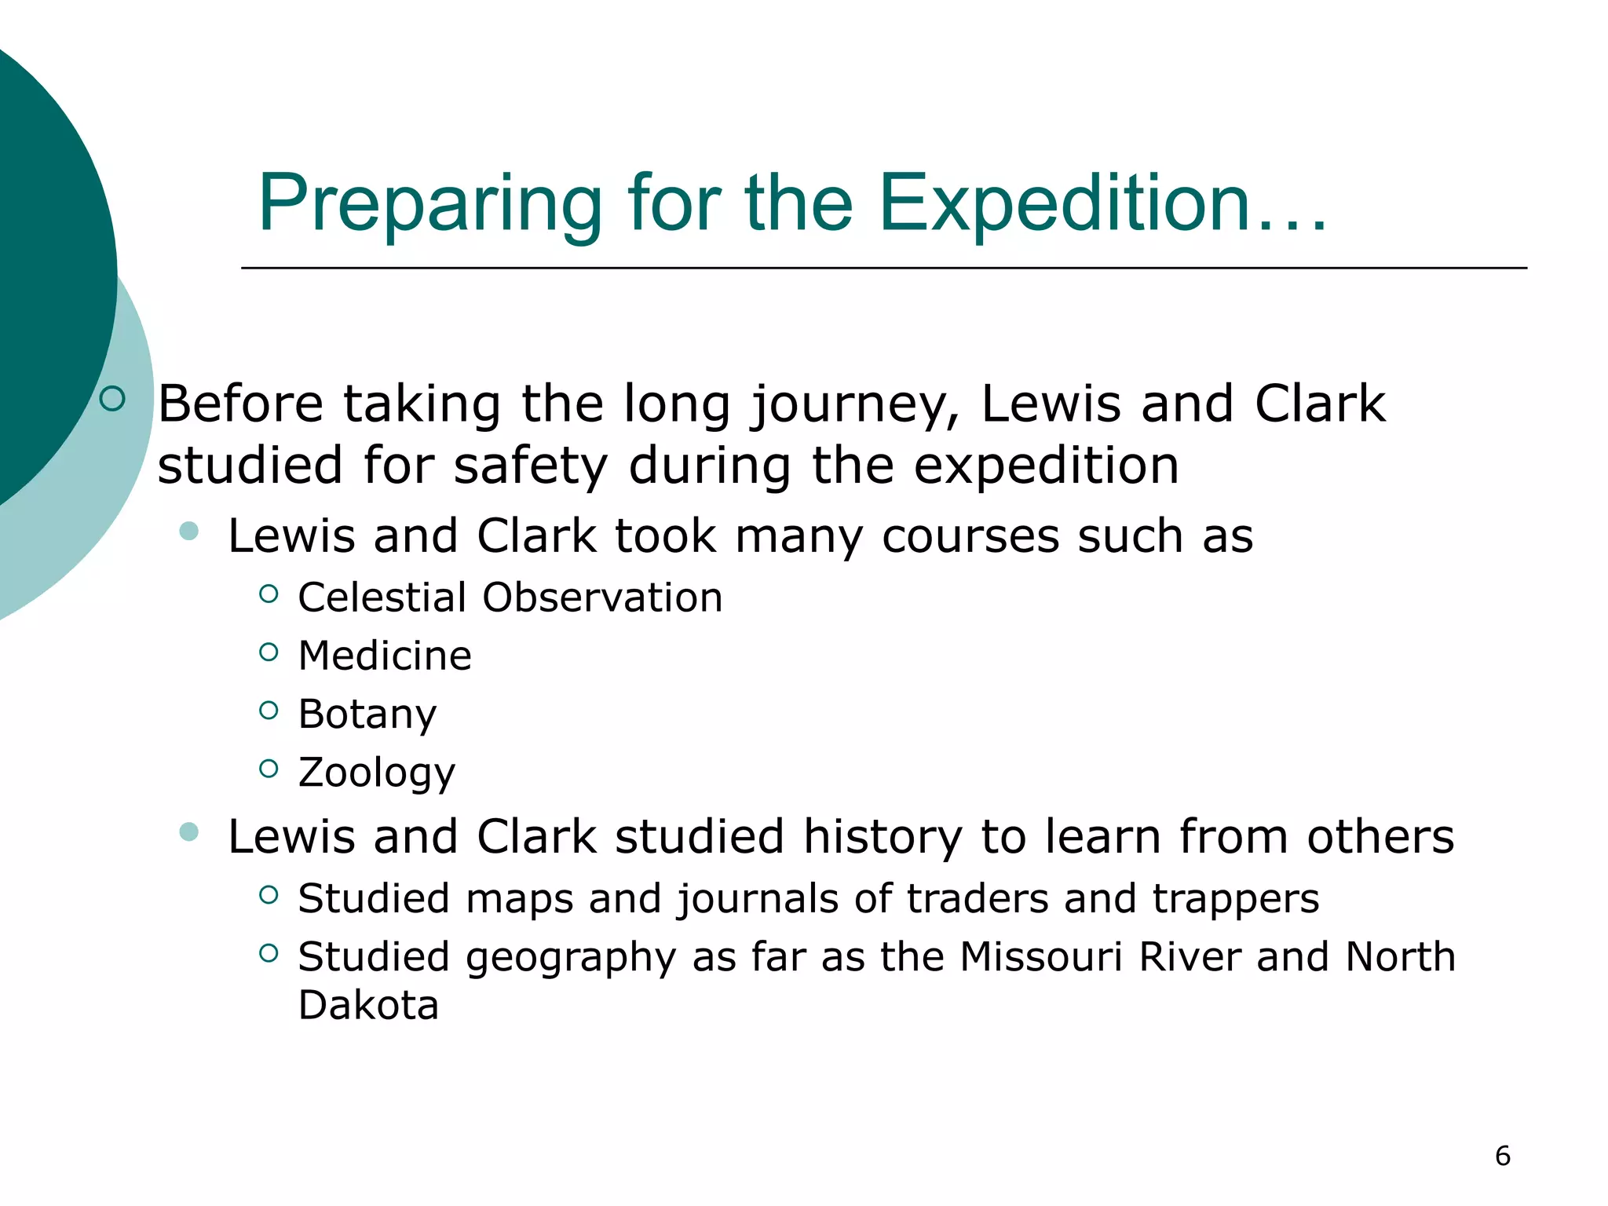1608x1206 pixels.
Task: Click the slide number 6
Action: (x=1502, y=1156)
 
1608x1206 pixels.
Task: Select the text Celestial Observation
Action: (x=510, y=598)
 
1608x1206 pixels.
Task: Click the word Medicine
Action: (x=385, y=656)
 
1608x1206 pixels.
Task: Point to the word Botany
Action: (x=367, y=714)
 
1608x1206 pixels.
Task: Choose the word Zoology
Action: (x=377, y=773)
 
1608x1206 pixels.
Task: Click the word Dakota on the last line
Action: (x=368, y=1005)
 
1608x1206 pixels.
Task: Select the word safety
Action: (x=531, y=466)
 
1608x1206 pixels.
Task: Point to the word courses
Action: (x=970, y=536)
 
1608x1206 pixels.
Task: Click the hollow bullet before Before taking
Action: (x=112, y=399)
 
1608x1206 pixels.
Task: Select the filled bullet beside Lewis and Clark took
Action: (x=188, y=532)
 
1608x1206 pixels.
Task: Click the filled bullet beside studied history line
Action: (x=188, y=831)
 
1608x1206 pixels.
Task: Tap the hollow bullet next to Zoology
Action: (x=269, y=769)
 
